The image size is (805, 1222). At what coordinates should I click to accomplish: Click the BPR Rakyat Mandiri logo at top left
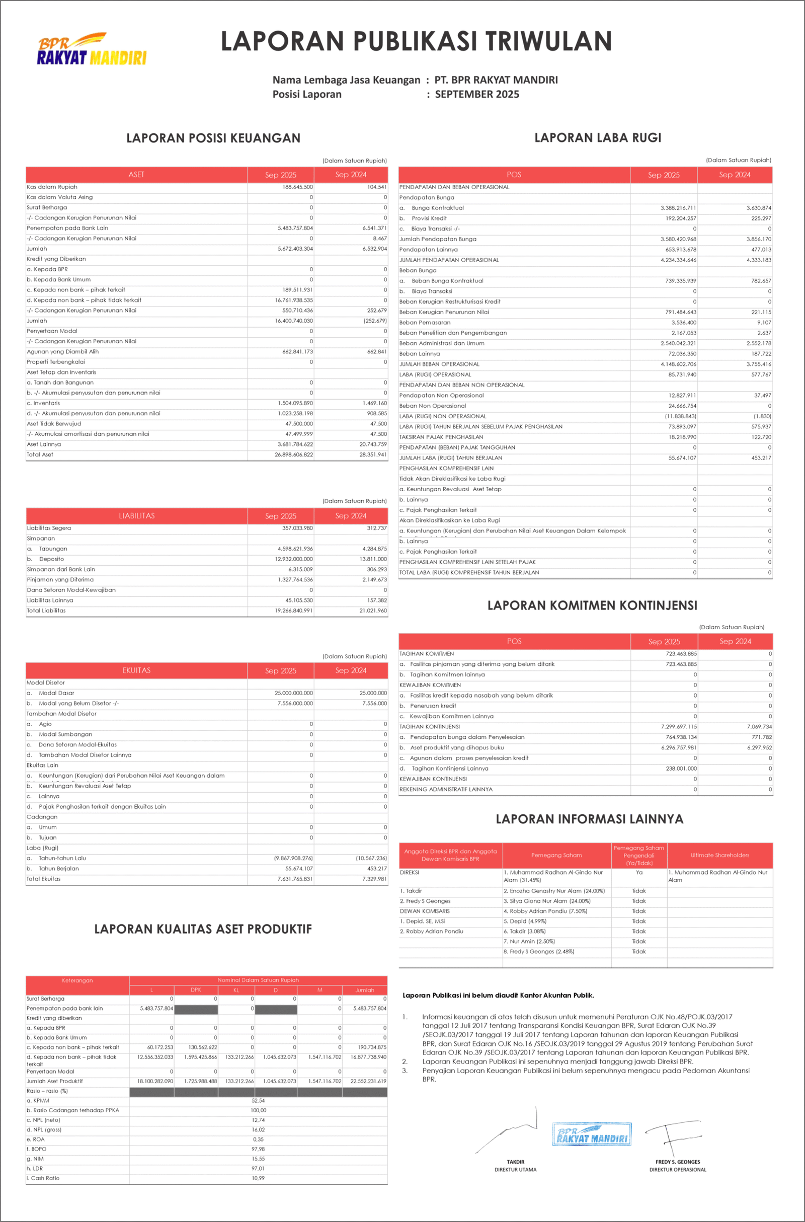92,50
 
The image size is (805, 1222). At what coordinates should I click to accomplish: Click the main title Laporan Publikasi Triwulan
416,41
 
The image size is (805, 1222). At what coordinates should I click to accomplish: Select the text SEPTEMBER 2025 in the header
477,95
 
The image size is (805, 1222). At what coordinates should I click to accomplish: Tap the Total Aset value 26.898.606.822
294,455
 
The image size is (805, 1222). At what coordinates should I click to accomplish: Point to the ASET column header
136,175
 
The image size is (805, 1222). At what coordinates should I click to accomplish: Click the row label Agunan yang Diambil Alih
62,352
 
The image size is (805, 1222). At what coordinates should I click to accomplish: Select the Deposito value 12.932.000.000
294,559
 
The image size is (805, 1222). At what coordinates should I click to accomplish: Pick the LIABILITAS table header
136,516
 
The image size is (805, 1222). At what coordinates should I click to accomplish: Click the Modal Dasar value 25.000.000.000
294,693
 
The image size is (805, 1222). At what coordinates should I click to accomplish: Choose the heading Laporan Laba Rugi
598,137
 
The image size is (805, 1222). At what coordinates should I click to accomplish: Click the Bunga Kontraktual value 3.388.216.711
678,208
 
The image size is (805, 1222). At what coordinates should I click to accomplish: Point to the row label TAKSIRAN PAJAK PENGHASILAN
441,437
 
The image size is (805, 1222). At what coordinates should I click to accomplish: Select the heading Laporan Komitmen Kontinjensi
592,605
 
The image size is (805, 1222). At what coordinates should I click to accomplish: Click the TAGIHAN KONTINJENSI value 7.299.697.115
679,727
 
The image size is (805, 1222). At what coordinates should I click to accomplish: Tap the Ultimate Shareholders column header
720,856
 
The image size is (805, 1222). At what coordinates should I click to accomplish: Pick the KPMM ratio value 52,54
258,1101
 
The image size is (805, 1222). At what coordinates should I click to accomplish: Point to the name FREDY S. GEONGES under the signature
678,1162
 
